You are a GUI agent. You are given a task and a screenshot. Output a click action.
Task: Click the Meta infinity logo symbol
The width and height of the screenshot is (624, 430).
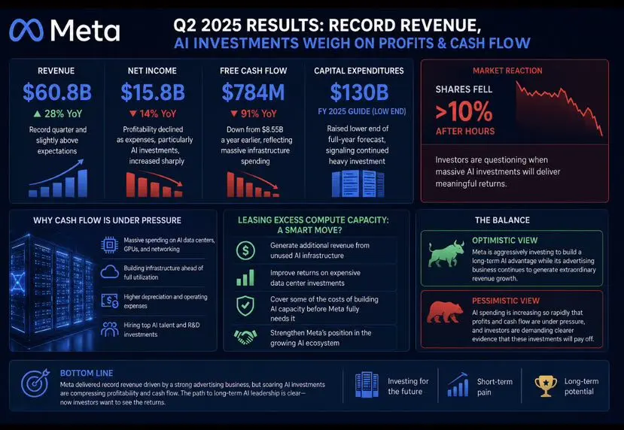(26, 30)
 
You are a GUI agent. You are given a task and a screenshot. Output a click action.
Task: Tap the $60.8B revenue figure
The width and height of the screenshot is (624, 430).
(57, 92)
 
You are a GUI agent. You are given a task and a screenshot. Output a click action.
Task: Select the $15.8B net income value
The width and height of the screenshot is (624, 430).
(153, 92)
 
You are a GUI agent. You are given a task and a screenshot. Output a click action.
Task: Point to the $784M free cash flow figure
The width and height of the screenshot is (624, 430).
(253, 92)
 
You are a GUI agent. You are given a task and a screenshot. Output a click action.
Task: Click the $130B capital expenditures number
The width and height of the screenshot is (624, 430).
(359, 92)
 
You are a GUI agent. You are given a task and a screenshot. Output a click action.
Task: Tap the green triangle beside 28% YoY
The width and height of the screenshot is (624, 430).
(37, 114)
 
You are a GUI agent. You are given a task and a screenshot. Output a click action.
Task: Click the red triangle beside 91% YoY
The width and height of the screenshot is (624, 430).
(234, 114)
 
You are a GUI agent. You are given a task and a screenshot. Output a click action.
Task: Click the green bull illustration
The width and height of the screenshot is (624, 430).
(446, 253)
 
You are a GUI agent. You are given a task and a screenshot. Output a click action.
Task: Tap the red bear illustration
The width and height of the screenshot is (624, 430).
(445, 313)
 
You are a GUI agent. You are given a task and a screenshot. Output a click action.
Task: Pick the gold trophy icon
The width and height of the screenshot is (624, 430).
(546, 386)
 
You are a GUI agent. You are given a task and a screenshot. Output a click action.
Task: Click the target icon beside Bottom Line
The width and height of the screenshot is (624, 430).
(35, 383)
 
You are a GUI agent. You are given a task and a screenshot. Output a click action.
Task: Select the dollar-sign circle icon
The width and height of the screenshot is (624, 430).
(245, 250)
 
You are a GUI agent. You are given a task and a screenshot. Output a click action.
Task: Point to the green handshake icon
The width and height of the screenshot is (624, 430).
(245, 338)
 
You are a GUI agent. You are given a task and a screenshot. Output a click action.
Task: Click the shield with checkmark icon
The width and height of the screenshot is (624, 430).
(245, 306)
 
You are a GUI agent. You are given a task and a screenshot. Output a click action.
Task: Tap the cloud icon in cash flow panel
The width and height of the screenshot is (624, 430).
(109, 272)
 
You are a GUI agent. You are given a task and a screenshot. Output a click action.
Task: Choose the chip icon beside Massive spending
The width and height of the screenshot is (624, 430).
(109, 245)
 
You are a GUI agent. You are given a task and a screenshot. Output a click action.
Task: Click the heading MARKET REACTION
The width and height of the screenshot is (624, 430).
(507, 71)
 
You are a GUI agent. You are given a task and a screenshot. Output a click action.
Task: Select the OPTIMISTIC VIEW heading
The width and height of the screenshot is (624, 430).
(504, 241)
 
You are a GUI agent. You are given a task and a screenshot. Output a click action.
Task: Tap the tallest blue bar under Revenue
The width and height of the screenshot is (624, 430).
(82, 183)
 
